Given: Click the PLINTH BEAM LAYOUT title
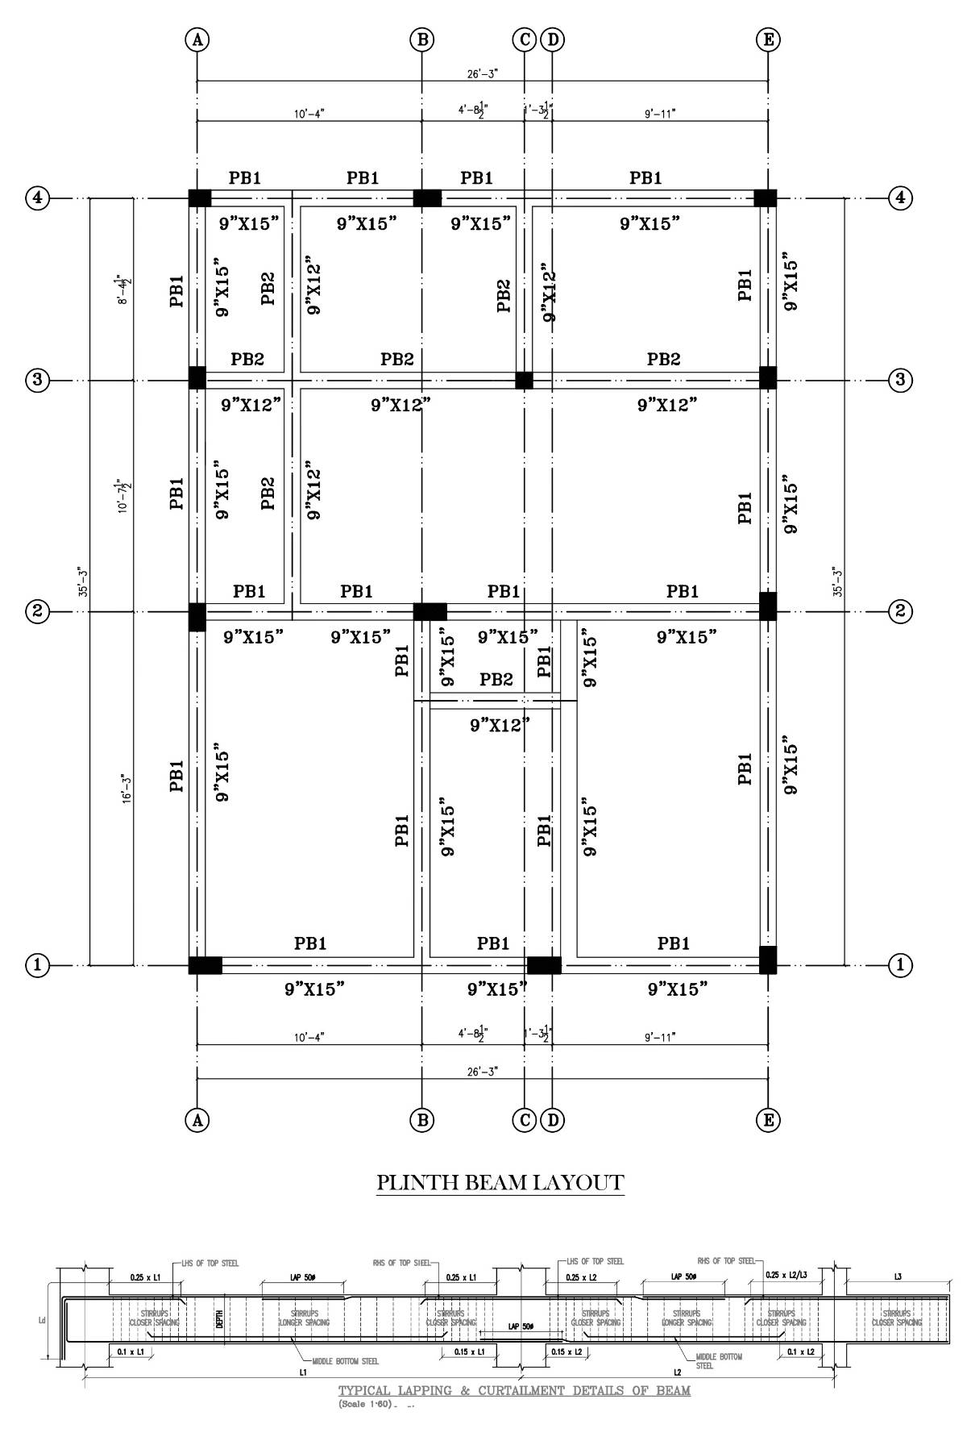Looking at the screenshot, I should [500, 1183].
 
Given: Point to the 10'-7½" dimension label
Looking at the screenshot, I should [125, 494].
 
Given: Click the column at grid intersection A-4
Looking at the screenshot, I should [199, 198].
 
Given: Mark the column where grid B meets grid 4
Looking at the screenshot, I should [427, 198].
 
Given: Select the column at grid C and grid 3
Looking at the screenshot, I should [524, 380].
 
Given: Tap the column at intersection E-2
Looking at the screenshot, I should [767, 606].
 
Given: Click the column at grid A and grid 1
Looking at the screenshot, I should [205, 964].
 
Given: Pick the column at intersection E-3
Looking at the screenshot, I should [767, 377].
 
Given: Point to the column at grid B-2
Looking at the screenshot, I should [430, 611].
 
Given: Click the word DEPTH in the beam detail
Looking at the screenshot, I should [218, 1319].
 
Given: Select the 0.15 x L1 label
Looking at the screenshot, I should [468, 1351].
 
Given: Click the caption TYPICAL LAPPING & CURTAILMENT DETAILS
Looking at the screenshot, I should [514, 1390].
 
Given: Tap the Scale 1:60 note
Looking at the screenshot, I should [365, 1404].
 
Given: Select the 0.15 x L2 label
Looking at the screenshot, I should [568, 1351].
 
